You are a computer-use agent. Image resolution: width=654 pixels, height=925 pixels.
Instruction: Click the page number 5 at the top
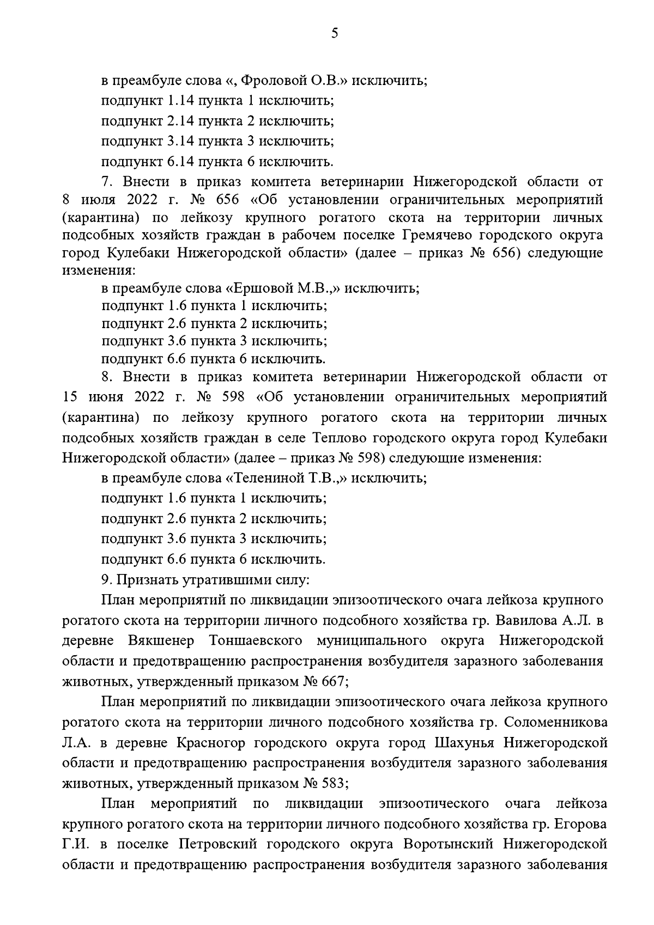coord(335,34)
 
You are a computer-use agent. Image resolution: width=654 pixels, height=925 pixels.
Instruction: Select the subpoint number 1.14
coord(180,101)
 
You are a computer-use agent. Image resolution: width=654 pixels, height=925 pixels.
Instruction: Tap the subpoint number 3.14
coord(180,141)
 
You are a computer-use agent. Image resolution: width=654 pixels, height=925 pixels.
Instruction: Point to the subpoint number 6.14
coord(180,161)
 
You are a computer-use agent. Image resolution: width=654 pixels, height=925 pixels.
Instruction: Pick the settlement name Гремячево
coord(433,235)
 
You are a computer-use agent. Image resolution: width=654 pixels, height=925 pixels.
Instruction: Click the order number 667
coord(334,681)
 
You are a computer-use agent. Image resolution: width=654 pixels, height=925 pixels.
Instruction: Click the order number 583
coord(334,783)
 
